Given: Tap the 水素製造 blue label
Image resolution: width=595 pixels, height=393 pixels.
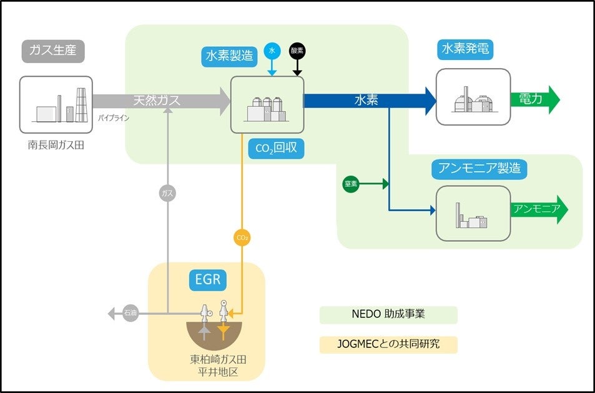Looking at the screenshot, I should coord(230,56).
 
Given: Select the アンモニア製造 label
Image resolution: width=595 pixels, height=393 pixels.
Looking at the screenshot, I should coord(479,169).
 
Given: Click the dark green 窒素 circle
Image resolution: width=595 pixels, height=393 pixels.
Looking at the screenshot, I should coord(351,184).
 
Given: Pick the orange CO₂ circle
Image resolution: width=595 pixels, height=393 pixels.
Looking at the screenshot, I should coord(242,238).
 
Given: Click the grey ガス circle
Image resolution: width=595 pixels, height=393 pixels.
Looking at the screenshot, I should coord(167,193).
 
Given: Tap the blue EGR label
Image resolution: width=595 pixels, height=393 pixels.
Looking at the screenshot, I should coord(208,279).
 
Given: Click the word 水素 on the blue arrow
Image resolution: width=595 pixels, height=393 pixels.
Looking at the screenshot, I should coord(366,101).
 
